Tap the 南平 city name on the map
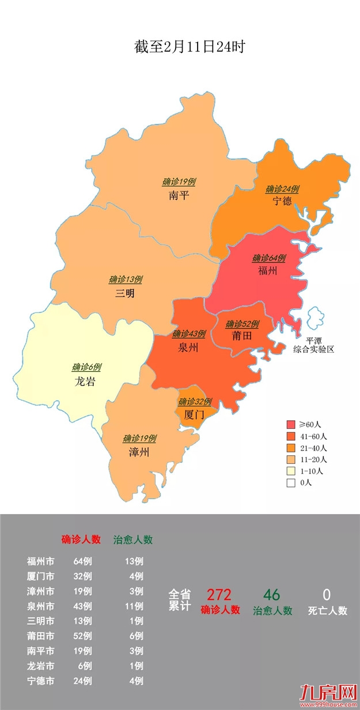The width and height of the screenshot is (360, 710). (x=179, y=195)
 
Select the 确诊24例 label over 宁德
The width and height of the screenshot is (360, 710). (x=282, y=189)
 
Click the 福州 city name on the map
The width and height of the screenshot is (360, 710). (x=268, y=270)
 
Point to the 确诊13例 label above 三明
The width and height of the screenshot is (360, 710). (x=126, y=280)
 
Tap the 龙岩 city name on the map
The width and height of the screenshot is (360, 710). (x=85, y=381)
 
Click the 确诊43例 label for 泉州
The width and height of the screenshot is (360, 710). (x=189, y=334)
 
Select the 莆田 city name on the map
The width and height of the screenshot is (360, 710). (x=241, y=337)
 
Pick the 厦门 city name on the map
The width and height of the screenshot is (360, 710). (x=194, y=414)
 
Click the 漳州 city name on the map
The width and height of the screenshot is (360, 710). (x=139, y=452)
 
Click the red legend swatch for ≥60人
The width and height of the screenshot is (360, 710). (x=291, y=424)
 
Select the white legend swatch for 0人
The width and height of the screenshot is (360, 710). (x=291, y=483)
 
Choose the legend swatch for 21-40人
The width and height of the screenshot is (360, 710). (x=291, y=447)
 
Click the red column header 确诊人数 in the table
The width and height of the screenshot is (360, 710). (x=81, y=540)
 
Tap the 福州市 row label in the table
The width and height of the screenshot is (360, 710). (x=41, y=561)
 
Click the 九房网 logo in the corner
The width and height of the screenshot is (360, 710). (x=328, y=692)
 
